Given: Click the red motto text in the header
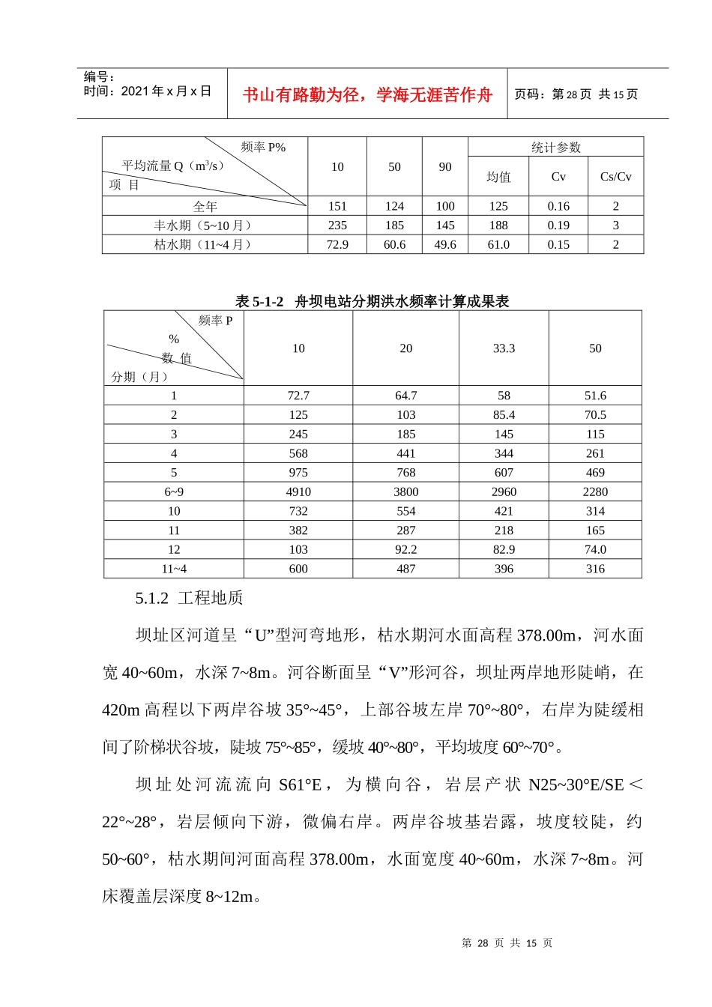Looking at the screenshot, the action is click(x=367, y=94).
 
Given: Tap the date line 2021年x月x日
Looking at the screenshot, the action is click(x=148, y=91).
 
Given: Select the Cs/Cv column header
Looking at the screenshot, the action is click(x=615, y=177).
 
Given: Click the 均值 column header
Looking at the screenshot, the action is click(x=498, y=177).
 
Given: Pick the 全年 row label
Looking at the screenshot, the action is click(x=205, y=206).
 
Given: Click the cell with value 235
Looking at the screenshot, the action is click(x=337, y=225).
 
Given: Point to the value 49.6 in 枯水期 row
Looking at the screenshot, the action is click(x=445, y=244).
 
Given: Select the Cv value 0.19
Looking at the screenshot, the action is click(x=558, y=225).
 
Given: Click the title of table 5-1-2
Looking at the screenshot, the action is click(x=372, y=301).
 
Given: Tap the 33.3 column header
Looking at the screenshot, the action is click(x=504, y=348).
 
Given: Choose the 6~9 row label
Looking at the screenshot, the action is click(x=174, y=492).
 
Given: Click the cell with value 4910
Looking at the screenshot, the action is click(x=298, y=492).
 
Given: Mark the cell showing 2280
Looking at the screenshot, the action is click(x=595, y=492).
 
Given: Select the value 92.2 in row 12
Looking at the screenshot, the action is click(x=405, y=549).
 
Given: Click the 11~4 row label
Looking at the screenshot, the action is click(x=174, y=569).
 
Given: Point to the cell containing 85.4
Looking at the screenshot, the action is click(x=504, y=414).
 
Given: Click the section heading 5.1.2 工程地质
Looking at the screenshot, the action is click(x=190, y=598).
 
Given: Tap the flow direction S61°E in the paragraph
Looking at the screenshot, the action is click(x=300, y=784).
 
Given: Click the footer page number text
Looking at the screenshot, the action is click(x=507, y=943).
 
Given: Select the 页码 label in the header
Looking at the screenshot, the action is click(x=531, y=94).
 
